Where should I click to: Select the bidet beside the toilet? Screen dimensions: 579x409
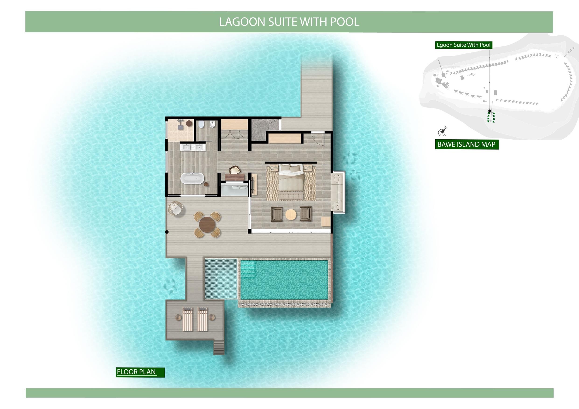[212, 124]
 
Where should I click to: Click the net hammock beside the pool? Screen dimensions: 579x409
[221, 278]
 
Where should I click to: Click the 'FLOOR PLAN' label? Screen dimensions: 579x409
[136, 372]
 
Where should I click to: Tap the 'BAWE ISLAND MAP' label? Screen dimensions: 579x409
[466, 144]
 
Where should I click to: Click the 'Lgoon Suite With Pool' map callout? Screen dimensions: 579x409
[464, 45]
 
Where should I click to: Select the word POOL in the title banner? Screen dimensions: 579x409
[345, 22]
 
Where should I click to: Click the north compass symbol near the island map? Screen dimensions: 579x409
[442, 132]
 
